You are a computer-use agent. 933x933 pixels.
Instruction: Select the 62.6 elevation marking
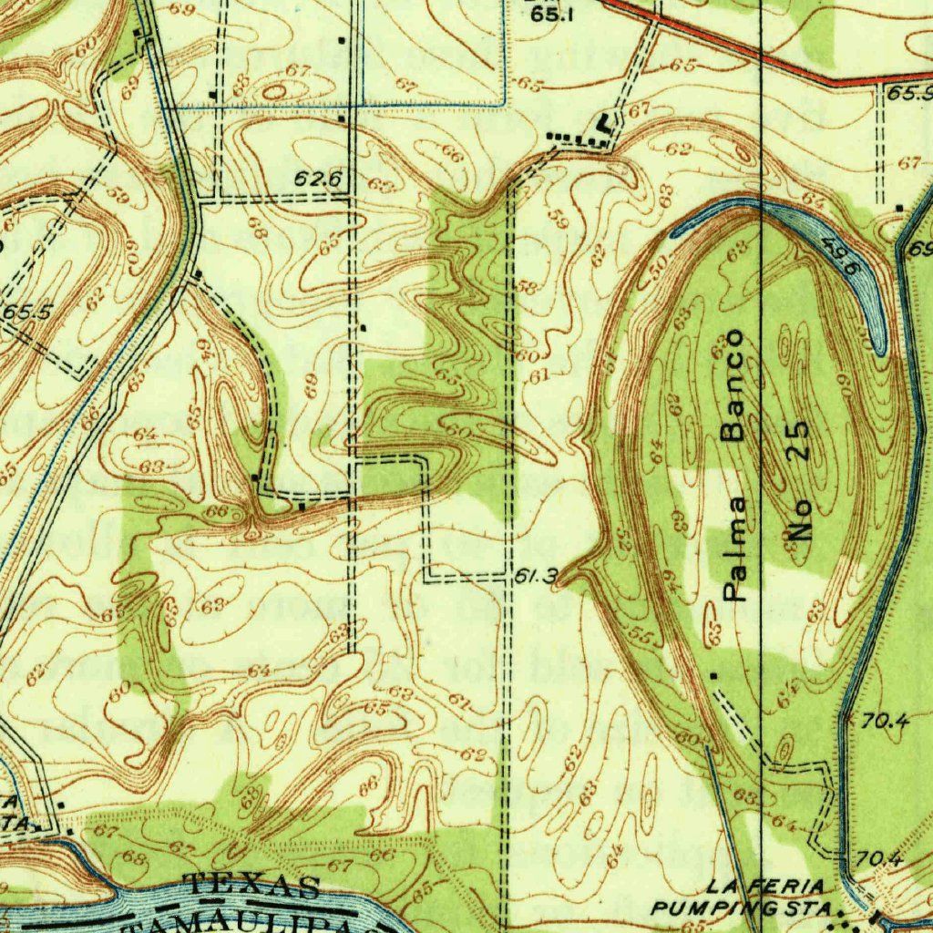click(317, 179)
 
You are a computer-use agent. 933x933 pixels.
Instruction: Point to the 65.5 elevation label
click(27, 311)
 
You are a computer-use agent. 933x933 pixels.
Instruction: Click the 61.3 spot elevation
click(535, 576)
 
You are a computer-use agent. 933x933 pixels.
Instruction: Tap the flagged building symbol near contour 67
click(605, 122)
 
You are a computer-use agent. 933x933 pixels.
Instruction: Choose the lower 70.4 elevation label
click(878, 857)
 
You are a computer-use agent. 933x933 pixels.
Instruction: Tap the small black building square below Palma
click(713, 675)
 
